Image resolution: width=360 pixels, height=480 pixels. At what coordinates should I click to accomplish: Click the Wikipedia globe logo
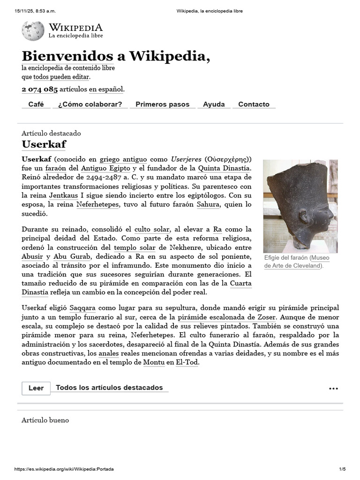[x=33, y=30]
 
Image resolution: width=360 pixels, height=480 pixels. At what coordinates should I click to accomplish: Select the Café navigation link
[x=36, y=105]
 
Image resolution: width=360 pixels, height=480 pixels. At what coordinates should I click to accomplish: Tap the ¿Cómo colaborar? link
[x=90, y=105]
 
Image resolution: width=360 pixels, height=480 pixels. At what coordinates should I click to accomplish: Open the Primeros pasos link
[x=162, y=105]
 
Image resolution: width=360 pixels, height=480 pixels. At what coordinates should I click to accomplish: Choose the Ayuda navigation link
[x=214, y=105]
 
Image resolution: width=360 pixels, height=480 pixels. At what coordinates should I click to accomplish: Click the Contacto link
[x=254, y=105]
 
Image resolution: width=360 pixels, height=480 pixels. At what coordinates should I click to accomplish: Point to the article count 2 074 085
[x=39, y=89]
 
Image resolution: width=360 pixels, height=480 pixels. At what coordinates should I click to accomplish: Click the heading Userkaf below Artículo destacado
[x=44, y=144]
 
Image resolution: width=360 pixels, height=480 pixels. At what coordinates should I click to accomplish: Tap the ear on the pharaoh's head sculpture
[x=303, y=217]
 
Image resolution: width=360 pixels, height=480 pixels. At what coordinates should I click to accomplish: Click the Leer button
[x=36, y=388]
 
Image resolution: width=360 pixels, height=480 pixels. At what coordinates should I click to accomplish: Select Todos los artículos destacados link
[x=109, y=388]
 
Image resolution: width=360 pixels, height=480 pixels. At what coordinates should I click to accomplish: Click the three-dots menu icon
[x=333, y=389]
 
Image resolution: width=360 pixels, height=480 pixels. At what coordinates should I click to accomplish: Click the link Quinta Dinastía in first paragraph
[x=225, y=168]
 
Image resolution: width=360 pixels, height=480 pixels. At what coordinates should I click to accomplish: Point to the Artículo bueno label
[x=45, y=420]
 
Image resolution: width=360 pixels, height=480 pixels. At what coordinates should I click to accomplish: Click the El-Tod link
[x=187, y=363]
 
